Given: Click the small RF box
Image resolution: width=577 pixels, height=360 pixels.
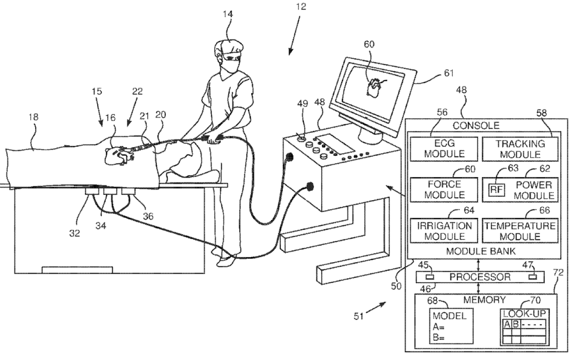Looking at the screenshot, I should [496, 190].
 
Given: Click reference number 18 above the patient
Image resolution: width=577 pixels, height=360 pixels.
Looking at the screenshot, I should [33, 116].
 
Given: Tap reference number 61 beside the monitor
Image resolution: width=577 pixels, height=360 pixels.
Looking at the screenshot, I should [430, 75].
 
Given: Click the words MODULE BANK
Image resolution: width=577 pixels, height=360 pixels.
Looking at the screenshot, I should [480, 252].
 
